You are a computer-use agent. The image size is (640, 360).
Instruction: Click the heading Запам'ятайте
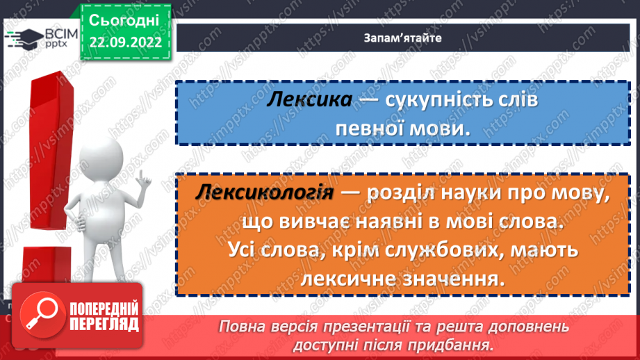click(x=402, y=38)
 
